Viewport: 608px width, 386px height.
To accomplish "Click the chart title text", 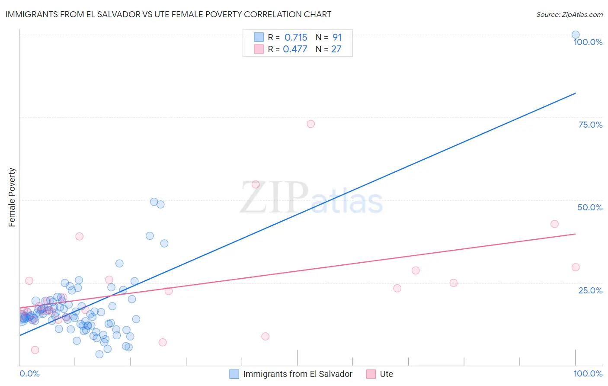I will (x=168, y=14).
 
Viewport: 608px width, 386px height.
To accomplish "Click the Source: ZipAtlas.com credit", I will (x=569, y=14).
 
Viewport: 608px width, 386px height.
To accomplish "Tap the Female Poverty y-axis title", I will (x=12, y=197).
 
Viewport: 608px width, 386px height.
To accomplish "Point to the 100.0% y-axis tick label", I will (x=588, y=42).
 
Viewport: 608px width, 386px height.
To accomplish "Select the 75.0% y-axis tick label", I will (x=590, y=125).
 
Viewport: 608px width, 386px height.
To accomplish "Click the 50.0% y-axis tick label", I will (x=590, y=207).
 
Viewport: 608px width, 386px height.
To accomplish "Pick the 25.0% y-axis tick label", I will (x=590, y=290).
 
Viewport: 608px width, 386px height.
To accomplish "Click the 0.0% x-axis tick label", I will (x=29, y=373).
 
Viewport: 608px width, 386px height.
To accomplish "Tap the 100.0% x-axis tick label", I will (x=588, y=373).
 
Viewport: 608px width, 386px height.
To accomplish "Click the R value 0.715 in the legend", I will (x=296, y=38).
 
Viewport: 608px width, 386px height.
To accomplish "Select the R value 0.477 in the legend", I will (x=295, y=49).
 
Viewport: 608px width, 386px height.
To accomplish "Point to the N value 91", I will (x=337, y=38).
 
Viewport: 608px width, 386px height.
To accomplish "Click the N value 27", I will (x=336, y=49).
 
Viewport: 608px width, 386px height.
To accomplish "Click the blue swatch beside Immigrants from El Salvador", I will (x=234, y=374).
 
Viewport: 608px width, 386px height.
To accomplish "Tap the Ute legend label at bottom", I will (x=386, y=374).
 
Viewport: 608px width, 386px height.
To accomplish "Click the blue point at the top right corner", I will (x=576, y=35).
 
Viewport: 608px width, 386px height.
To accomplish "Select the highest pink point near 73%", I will (x=310, y=124).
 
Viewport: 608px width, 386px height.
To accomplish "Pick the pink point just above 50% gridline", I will (x=256, y=184).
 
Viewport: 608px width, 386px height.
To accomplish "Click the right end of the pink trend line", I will (x=575, y=234).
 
